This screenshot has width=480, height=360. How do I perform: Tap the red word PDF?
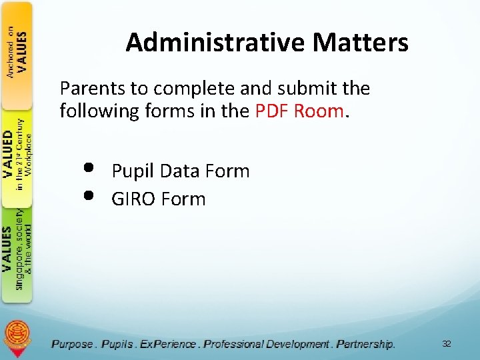(x=271, y=111)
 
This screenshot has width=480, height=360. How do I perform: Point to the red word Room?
(x=318, y=111)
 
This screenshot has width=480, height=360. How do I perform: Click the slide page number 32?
(x=446, y=344)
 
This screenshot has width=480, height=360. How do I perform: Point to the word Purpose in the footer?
(x=72, y=344)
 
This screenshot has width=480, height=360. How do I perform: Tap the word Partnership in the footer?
(x=365, y=344)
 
